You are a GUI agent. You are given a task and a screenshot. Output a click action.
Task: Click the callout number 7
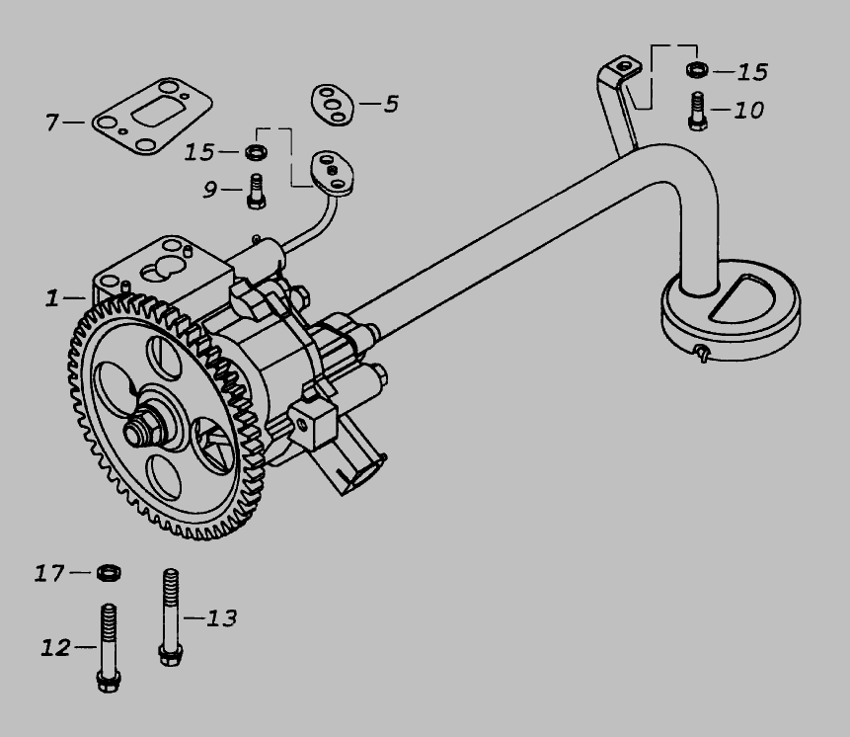click(x=51, y=123)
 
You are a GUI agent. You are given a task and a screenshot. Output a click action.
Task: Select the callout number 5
click(x=391, y=104)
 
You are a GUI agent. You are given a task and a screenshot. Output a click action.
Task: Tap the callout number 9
click(x=210, y=190)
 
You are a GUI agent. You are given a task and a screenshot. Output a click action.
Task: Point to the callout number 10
click(x=749, y=110)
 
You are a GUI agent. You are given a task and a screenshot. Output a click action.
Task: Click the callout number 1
click(x=52, y=298)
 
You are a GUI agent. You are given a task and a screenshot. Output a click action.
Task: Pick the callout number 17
click(x=49, y=573)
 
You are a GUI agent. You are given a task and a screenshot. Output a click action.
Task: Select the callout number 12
click(x=56, y=647)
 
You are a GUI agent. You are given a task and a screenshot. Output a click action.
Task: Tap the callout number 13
click(x=222, y=618)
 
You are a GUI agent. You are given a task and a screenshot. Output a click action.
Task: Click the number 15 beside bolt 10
click(x=753, y=72)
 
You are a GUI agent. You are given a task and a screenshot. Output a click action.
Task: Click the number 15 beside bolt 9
click(x=199, y=152)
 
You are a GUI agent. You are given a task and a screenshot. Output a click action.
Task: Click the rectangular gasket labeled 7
click(x=152, y=116)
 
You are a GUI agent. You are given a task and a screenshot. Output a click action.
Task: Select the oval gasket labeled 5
click(x=333, y=104)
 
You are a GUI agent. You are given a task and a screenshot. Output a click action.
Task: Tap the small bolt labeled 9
click(x=256, y=191)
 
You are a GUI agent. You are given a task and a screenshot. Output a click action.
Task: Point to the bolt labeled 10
click(x=698, y=112)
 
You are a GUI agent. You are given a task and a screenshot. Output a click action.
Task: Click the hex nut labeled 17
click(x=109, y=573)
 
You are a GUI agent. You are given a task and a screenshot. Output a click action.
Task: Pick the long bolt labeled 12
click(x=109, y=648)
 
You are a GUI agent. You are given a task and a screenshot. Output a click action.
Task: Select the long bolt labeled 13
click(x=171, y=617)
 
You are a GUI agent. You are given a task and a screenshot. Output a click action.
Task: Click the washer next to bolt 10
click(x=697, y=69)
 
